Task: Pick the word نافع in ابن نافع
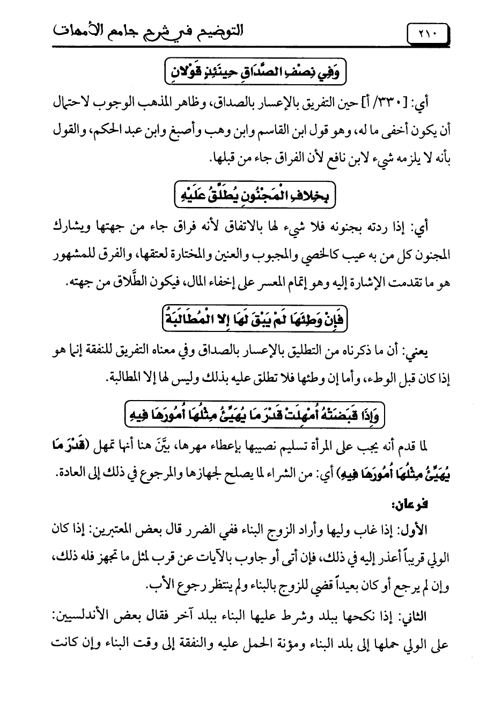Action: click(x=269, y=159)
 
